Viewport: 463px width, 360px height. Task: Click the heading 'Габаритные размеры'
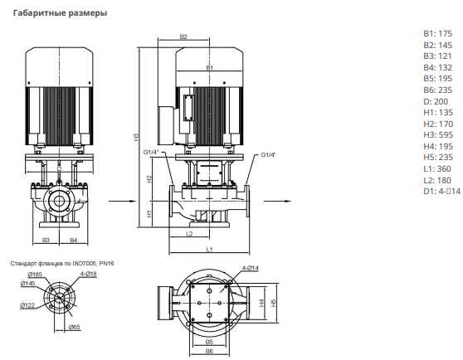(60, 13)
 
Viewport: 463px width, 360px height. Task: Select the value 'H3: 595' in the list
(438, 135)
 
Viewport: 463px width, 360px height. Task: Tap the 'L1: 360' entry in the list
(437, 168)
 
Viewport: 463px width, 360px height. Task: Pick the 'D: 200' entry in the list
(436, 101)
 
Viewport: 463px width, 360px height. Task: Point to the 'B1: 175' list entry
(437, 34)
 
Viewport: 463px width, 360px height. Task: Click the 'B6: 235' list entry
(437, 90)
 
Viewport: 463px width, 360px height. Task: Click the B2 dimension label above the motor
(183, 36)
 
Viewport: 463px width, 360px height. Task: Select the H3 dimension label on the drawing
(136, 137)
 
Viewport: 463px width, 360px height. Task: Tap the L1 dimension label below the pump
(209, 250)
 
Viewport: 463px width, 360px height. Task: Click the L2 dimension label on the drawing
(189, 234)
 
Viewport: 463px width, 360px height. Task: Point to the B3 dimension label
(46, 241)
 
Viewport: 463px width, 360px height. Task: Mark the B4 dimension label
(74, 241)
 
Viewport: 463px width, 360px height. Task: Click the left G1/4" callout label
(151, 153)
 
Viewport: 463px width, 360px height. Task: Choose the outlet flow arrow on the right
(277, 202)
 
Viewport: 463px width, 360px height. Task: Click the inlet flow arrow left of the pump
(123, 202)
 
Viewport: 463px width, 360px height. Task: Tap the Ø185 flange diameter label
(35, 275)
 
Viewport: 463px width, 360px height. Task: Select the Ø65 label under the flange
(74, 327)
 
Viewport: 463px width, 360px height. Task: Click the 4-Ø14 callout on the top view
(250, 268)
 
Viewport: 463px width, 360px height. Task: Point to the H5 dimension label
(274, 303)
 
